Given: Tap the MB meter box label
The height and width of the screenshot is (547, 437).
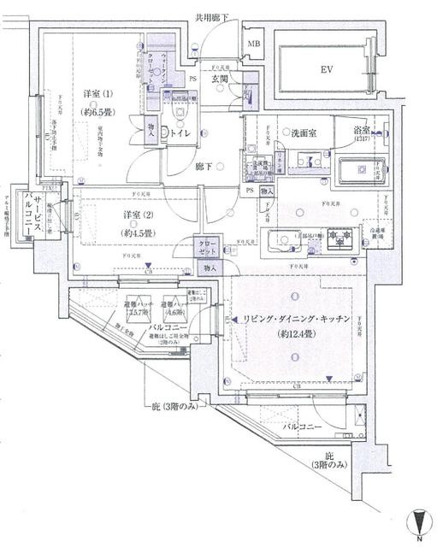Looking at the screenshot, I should (254, 44).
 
